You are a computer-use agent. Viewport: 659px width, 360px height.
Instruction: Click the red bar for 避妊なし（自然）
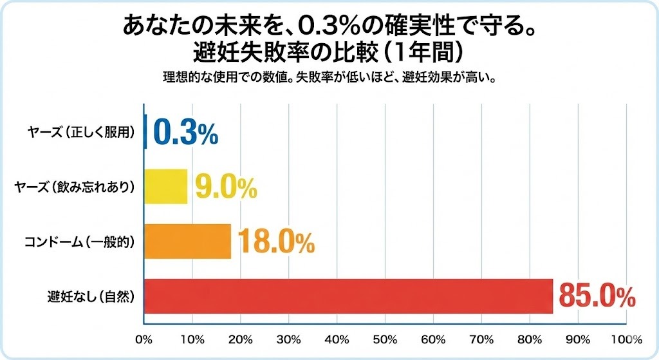pyautogui.click(x=348, y=296)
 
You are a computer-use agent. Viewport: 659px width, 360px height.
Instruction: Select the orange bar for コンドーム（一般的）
pyautogui.click(x=187, y=241)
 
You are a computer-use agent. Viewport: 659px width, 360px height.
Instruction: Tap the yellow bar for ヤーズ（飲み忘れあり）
pyautogui.click(x=166, y=186)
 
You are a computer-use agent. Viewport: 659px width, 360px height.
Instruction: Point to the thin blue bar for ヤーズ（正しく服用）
pyautogui.click(x=146, y=131)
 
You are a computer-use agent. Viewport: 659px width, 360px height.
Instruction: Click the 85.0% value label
pyautogui.click(x=597, y=296)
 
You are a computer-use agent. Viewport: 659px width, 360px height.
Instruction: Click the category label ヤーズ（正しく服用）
pyautogui.click(x=89, y=132)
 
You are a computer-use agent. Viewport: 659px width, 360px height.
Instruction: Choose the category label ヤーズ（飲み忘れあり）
pyautogui.click(x=77, y=187)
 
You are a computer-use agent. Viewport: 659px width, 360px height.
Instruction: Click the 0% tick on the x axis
pyautogui.click(x=145, y=339)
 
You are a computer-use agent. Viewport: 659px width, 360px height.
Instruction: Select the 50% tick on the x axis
pyautogui.click(x=385, y=339)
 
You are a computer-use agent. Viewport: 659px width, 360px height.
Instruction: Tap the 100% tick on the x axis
pyautogui.click(x=622, y=339)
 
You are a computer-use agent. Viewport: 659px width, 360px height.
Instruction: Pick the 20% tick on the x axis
pyautogui.click(x=241, y=339)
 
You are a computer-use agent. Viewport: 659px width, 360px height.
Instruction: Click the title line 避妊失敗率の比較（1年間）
pyautogui.click(x=329, y=50)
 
